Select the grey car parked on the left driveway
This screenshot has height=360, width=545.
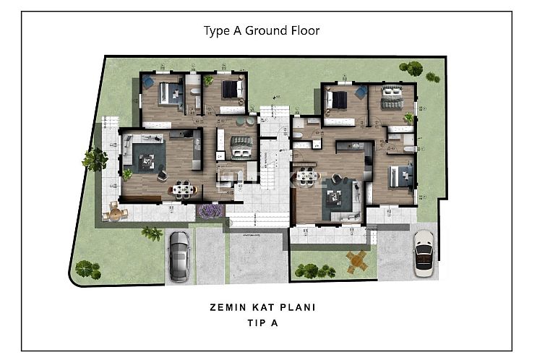click(x=179, y=257)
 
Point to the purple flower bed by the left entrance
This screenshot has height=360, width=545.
click(x=210, y=211)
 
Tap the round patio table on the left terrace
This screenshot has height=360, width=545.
click(x=116, y=213)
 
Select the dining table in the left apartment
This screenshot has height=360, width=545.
click(x=181, y=189)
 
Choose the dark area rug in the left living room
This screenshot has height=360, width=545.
click(x=148, y=156)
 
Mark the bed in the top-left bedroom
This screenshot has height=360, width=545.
click(x=171, y=93)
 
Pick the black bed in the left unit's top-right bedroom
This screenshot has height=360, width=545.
click(x=231, y=90)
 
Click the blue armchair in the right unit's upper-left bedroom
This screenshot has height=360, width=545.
click(x=361, y=92)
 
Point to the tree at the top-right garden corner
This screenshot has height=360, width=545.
click(x=413, y=69)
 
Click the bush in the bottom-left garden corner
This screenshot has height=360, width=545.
click(x=87, y=269)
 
